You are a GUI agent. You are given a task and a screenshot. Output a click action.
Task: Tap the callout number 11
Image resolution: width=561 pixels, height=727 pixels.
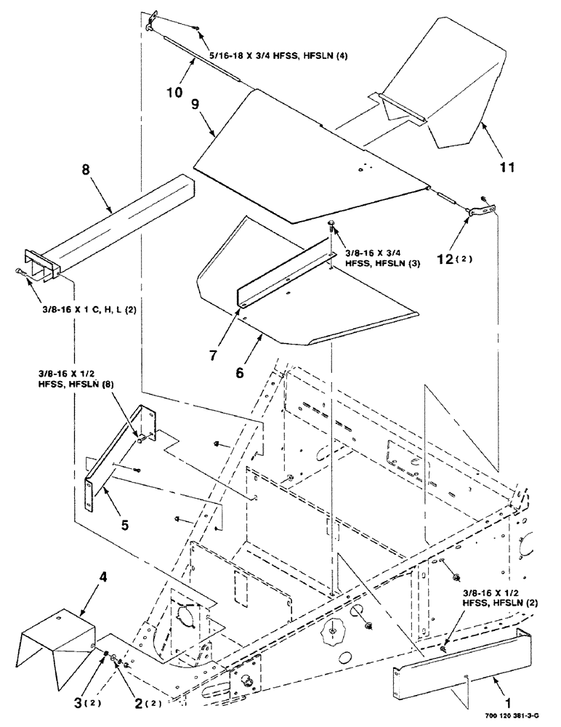pos(507,167)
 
